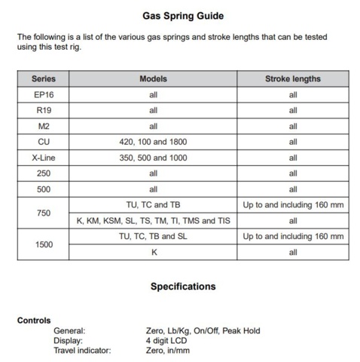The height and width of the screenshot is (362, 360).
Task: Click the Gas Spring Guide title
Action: click(x=182, y=15)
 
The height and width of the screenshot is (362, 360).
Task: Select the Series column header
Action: click(x=43, y=78)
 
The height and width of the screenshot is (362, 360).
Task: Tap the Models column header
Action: click(x=153, y=78)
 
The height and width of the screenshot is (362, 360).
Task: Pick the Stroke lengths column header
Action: click(x=293, y=78)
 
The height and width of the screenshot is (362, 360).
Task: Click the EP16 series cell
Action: click(x=43, y=94)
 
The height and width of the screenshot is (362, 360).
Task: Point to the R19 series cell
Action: click(x=43, y=110)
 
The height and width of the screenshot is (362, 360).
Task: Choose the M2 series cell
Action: click(x=43, y=126)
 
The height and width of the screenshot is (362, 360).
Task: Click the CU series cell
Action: click(x=43, y=142)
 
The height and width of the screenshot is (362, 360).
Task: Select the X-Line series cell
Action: click(x=43, y=158)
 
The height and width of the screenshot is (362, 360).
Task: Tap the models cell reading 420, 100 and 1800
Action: click(x=153, y=142)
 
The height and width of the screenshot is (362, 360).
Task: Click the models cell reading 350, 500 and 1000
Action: click(x=153, y=158)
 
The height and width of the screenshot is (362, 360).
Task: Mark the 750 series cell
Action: click(x=43, y=213)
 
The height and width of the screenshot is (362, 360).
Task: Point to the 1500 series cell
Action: click(x=43, y=244)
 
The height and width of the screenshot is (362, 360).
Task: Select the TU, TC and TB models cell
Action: click(x=153, y=205)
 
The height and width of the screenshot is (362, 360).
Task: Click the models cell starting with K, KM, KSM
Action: click(x=153, y=221)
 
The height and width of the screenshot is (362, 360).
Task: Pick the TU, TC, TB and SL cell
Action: click(x=153, y=237)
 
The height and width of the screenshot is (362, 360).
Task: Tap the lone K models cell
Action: click(x=153, y=253)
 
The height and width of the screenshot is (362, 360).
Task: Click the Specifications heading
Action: click(x=182, y=287)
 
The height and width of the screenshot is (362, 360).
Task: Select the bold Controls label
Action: click(x=34, y=321)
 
